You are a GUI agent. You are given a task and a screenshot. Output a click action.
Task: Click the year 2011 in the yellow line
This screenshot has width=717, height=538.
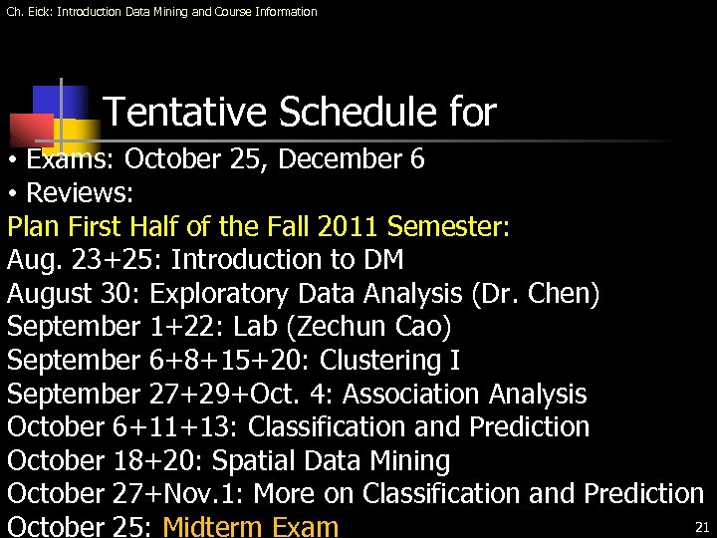pos(353,226)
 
